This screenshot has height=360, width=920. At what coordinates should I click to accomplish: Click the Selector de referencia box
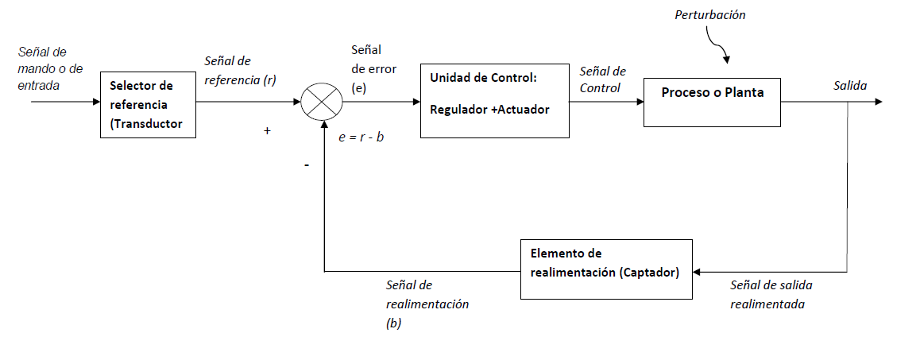[x=148, y=104]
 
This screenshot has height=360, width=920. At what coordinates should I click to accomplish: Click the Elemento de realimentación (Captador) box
[x=606, y=269]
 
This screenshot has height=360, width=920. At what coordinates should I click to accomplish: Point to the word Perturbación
[x=709, y=15]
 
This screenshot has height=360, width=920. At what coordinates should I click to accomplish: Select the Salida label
[x=849, y=85]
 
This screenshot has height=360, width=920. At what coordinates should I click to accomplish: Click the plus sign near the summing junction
[x=267, y=131]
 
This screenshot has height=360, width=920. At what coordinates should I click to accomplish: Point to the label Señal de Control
[x=602, y=79]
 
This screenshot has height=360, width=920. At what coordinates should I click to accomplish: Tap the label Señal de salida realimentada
[x=771, y=293]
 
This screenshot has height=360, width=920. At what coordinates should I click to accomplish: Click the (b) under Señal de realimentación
[x=394, y=323]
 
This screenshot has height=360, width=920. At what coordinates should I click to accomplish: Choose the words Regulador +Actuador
[x=489, y=110]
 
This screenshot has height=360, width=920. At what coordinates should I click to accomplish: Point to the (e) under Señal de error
[x=358, y=88]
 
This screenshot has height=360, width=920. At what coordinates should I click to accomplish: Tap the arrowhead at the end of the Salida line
[x=878, y=102]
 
